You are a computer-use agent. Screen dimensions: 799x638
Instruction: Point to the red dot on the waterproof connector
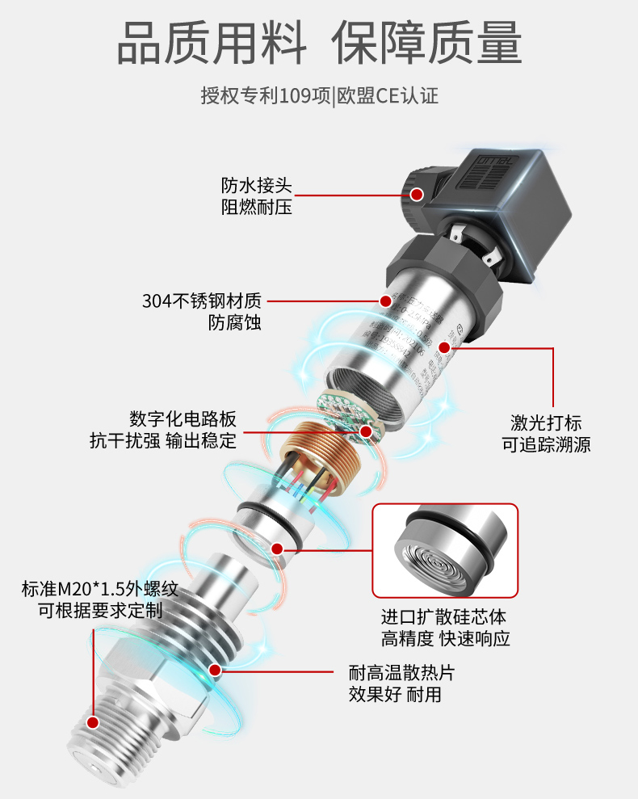coord(417,194)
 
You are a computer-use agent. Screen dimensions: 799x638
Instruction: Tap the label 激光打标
coord(546,423)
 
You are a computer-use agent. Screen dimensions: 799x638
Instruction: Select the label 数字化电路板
coord(183,419)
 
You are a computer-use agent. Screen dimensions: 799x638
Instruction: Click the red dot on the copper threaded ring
coord(366,431)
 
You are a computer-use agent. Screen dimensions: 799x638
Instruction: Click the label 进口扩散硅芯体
coord(443,617)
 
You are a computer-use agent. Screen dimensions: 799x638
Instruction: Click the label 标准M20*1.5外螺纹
coord(99,587)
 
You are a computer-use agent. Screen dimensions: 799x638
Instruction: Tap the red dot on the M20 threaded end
coord(93,722)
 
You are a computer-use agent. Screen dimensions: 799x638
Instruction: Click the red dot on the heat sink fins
coord(215,669)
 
